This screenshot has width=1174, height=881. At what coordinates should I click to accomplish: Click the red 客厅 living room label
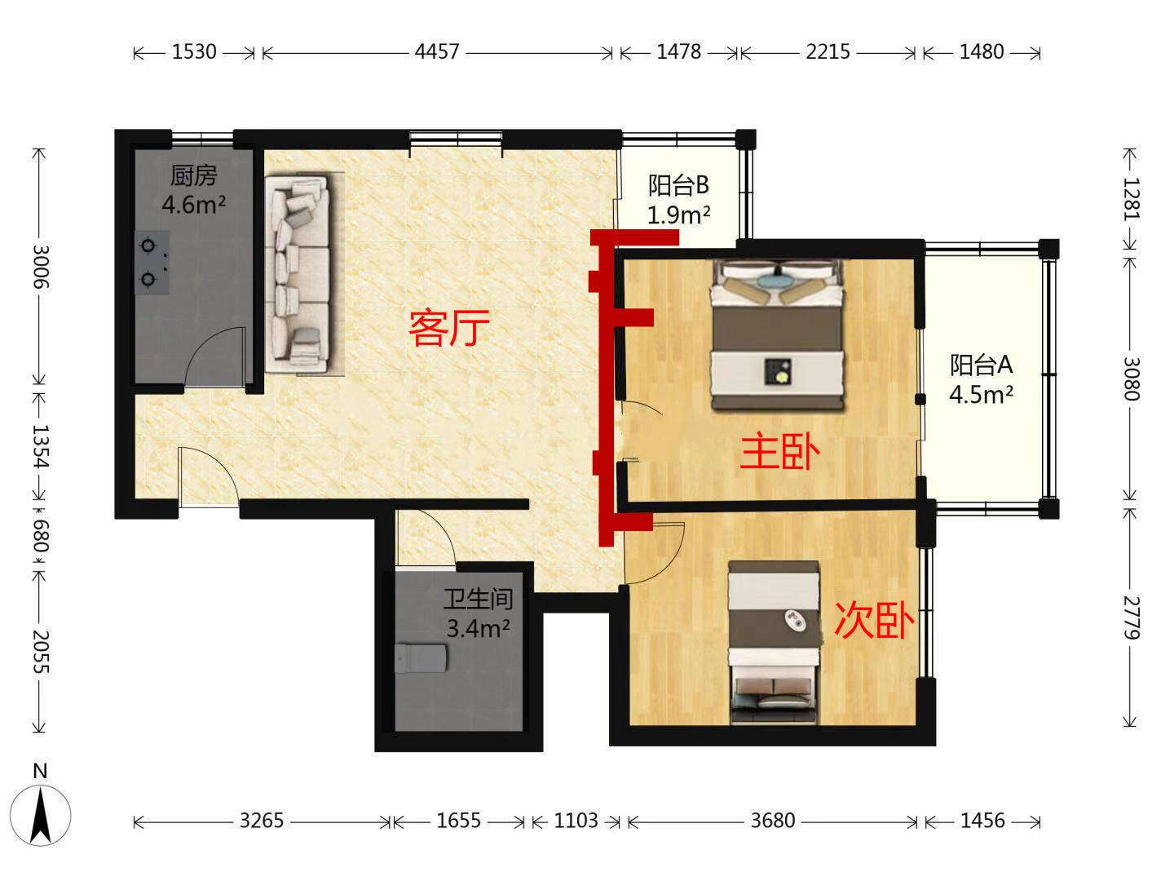pos(449,328)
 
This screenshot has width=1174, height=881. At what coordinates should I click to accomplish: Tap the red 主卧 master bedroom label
pos(779,452)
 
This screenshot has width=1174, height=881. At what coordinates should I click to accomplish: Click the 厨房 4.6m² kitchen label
pos(193,190)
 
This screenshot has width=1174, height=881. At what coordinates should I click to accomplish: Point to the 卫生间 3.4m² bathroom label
pos(478,613)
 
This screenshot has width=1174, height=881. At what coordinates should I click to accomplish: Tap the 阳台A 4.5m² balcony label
pos(981,379)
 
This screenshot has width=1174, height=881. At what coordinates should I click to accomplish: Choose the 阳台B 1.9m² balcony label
pos(678,200)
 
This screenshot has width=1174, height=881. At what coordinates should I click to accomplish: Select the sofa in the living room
pos(298,274)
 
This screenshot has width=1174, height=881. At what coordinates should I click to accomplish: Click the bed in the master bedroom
pos(777,334)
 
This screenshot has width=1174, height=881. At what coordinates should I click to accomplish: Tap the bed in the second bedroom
pos(774,641)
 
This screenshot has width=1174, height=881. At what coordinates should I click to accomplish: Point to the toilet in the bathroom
pos(421,657)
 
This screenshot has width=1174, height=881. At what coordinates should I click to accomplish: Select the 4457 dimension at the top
pos(437,52)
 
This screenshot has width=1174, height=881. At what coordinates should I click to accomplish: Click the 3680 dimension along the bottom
pos(772,820)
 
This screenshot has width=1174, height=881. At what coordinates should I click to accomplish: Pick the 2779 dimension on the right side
pos(1131,617)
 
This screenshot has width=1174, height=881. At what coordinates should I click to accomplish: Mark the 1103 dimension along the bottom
pos(576,820)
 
